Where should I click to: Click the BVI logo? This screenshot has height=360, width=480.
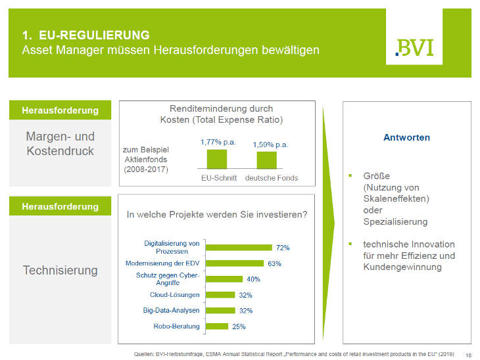coord(414,47)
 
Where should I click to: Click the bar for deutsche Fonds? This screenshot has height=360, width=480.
coord(266,161)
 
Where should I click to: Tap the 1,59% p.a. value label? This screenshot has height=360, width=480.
coord(270,144)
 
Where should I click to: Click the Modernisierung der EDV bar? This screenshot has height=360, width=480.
coord(235,263)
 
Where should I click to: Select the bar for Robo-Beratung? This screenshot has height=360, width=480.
coord(217,326)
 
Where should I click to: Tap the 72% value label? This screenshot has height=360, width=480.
coord(283,248)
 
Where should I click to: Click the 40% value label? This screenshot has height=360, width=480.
coord(254,279)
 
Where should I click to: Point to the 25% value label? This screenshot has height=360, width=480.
coord(239,326)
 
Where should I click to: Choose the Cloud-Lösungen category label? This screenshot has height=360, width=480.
coord(175,295)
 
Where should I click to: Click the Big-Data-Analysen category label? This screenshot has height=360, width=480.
coord(172,310)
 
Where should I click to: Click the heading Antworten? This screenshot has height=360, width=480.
coord(406,138)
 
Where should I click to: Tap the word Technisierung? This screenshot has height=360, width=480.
coord(60,270)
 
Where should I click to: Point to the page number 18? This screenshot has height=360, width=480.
coord(468,355)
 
